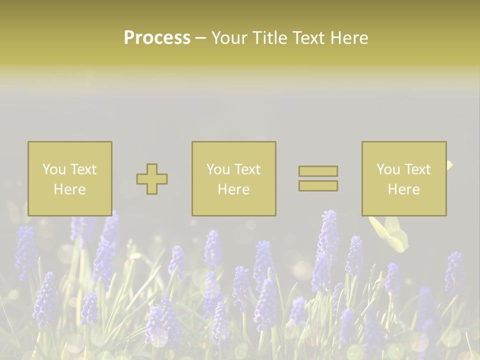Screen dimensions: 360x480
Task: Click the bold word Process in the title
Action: [x=157, y=38]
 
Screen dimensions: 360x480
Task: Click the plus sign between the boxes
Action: [x=152, y=179]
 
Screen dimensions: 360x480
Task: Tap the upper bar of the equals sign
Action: [x=318, y=171]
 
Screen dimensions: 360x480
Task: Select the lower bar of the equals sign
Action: [x=318, y=185]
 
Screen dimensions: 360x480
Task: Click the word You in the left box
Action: [x=54, y=169]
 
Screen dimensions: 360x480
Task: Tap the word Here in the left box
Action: [x=69, y=189]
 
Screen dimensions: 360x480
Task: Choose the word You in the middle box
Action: [x=218, y=169]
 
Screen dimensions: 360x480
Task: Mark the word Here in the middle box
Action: [x=233, y=189]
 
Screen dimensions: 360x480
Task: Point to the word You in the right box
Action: [x=388, y=169]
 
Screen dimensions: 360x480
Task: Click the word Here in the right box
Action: [x=403, y=189]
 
